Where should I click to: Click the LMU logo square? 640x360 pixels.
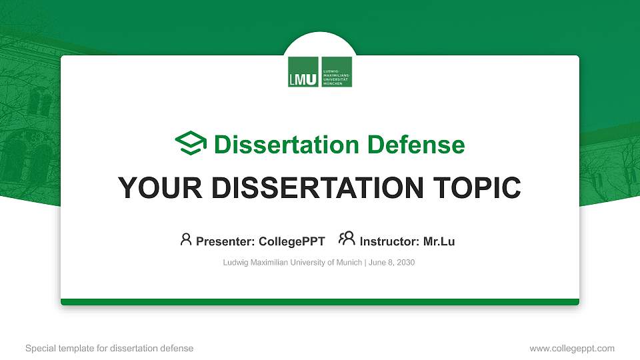pos(303,72)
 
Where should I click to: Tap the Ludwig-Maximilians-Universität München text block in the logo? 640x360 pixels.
pos(336,72)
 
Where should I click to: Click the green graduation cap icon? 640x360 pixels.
pos(191,143)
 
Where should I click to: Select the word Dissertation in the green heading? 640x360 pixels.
pos(279,145)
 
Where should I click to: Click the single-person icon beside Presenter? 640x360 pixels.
pos(186,239)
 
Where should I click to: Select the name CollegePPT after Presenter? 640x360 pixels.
pos(292,241)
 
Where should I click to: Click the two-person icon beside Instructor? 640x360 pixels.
pos(347,239)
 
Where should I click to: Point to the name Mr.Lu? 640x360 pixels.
pos(439,241)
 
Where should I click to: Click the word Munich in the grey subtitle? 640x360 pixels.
pos(347,263)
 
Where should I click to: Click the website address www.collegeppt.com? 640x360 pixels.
pos(571,348)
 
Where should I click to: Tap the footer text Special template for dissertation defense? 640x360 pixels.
pos(109,348)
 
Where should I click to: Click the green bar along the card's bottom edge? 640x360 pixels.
pos(320,302)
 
